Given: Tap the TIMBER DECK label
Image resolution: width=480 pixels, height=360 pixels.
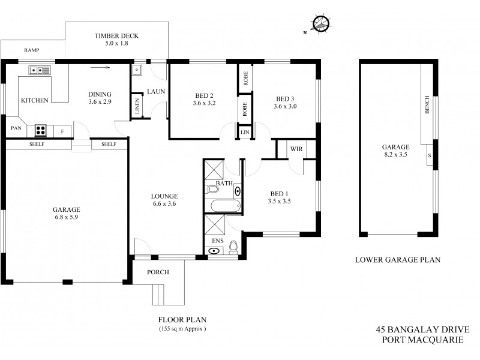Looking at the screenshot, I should [x=116, y=36].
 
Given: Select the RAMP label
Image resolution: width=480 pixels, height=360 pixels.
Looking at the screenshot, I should [x=32, y=50].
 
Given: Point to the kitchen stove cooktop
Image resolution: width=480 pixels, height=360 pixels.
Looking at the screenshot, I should [x=41, y=130].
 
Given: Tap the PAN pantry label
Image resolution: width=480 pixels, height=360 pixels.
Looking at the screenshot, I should [x=16, y=128].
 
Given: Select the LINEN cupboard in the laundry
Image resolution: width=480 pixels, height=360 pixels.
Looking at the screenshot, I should [x=137, y=107].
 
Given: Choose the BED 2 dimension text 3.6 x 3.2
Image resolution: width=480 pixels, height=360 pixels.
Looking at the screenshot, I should [x=204, y=103].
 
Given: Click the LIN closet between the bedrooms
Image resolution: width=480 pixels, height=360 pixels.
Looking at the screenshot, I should [x=245, y=131].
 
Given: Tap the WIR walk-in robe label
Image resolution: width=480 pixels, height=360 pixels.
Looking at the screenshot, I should [x=295, y=148].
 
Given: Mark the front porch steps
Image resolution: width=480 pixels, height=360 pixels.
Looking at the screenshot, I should [x=160, y=295].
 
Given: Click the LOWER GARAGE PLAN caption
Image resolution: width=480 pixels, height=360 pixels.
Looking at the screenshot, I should [x=398, y=260].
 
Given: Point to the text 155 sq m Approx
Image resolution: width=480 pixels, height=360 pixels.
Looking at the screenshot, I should [x=183, y=329].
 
